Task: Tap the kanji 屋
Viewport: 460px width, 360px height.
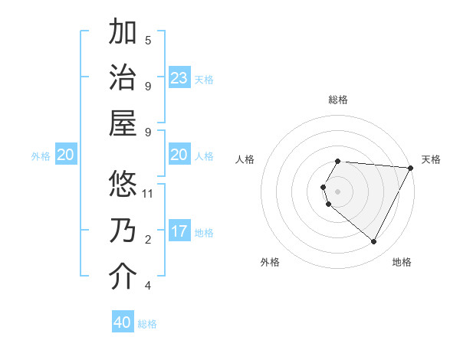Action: coord(123,124)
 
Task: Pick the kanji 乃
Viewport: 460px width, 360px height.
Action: coord(123,231)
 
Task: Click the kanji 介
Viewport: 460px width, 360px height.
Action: coord(123,277)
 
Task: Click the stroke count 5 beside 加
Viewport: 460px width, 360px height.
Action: coord(148,40)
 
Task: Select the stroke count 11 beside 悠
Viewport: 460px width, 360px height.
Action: coord(149,193)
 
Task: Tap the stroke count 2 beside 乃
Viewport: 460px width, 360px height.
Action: coord(148,240)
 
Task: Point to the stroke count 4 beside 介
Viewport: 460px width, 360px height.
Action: coord(148,286)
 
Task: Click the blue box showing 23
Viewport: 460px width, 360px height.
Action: coord(179,78)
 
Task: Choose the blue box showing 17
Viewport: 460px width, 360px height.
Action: coord(179,231)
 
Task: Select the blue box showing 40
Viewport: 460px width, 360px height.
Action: coord(123,322)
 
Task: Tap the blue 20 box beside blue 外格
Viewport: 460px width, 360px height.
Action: coord(65,155)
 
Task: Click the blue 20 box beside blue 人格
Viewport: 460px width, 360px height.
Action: coord(179,155)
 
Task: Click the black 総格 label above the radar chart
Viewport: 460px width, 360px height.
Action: coord(338,100)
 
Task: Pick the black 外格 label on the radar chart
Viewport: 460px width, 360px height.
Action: coord(270,262)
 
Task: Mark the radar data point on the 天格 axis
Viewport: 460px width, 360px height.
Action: coord(411,167)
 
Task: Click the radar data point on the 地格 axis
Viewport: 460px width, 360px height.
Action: coord(374,242)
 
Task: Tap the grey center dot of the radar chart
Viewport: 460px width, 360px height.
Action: coord(338,191)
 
